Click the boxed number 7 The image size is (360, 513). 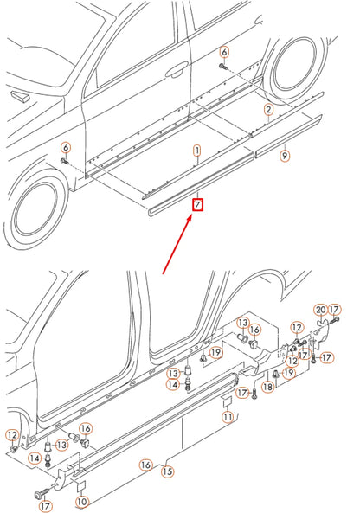197,204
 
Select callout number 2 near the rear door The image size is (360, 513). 268,110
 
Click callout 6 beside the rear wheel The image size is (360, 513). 223,52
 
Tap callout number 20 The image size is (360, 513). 319,310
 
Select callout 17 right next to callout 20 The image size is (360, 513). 335,310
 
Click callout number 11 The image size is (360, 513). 227,417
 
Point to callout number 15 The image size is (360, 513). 168,471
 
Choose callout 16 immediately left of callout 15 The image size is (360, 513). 145,465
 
